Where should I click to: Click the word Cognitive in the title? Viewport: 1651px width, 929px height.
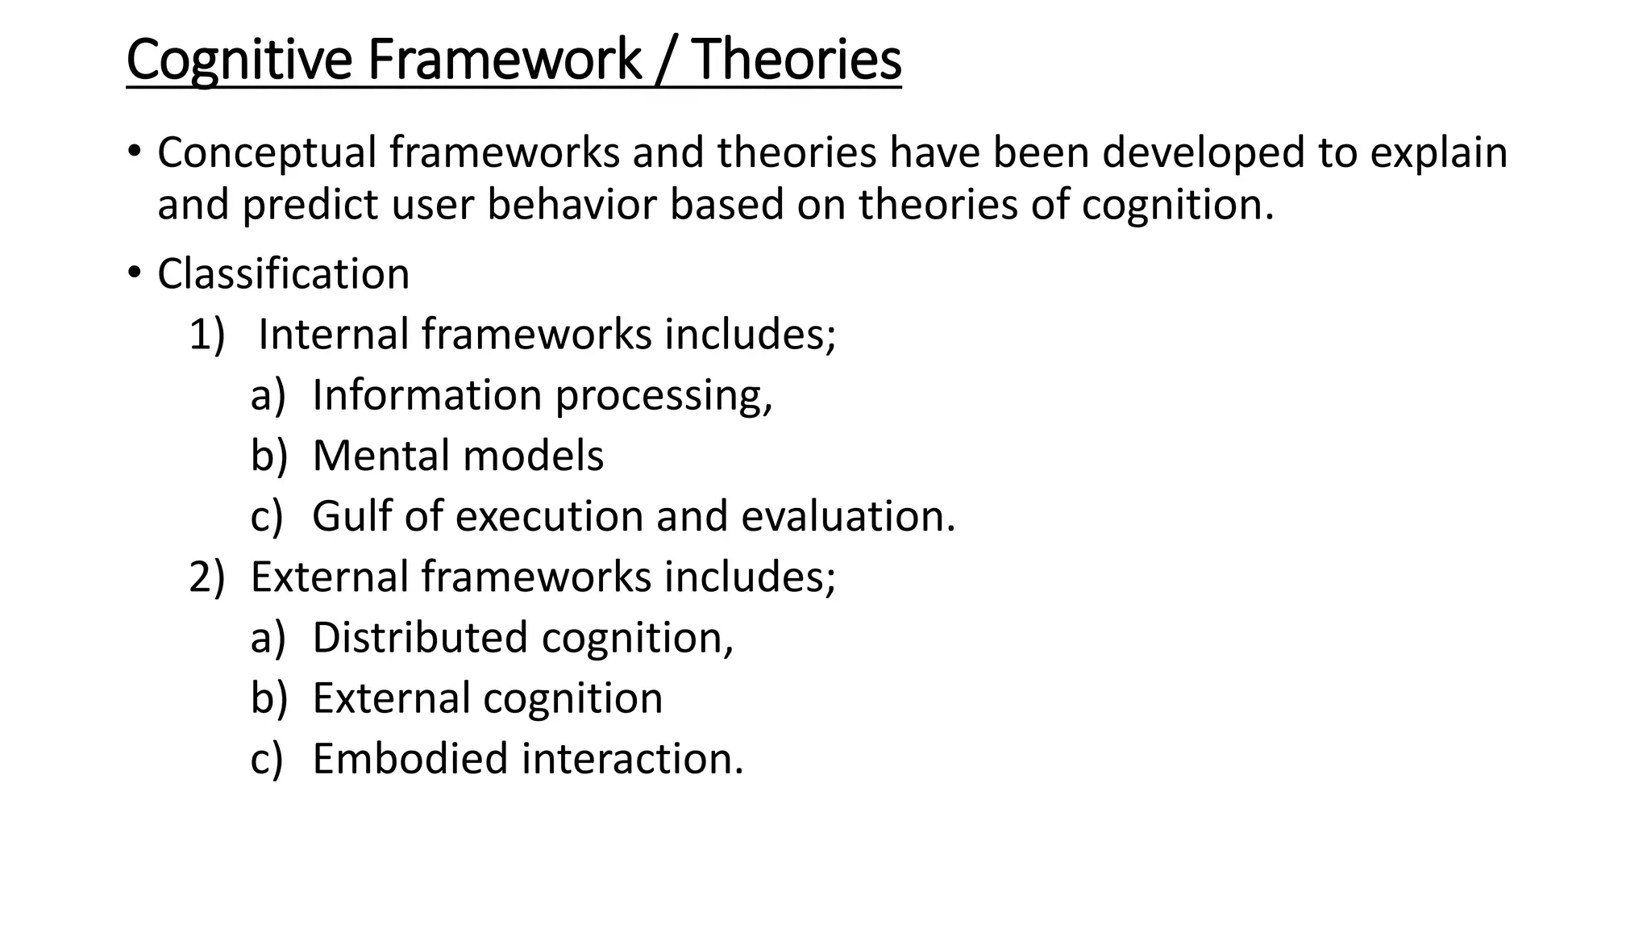click(x=239, y=60)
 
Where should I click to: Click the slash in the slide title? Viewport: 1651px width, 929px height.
click(x=667, y=60)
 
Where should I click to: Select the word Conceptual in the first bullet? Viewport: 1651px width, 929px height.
click(x=267, y=152)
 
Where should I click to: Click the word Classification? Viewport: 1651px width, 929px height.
click(x=283, y=273)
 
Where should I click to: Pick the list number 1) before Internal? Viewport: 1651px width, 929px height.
click(x=206, y=334)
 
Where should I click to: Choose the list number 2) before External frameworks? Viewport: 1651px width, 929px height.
click(x=206, y=577)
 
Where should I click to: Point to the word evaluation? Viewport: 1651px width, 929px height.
click(x=847, y=516)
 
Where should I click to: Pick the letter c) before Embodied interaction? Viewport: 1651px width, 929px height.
click(x=267, y=759)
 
